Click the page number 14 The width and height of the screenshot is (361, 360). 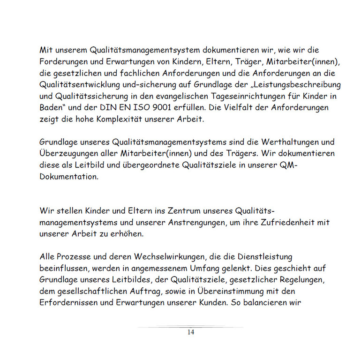pyautogui.click(x=190, y=332)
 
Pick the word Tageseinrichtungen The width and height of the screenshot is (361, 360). pyautogui.click(x=220, y=96)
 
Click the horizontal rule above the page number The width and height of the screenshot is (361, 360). pyautogui.click(x=190, y=327)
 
